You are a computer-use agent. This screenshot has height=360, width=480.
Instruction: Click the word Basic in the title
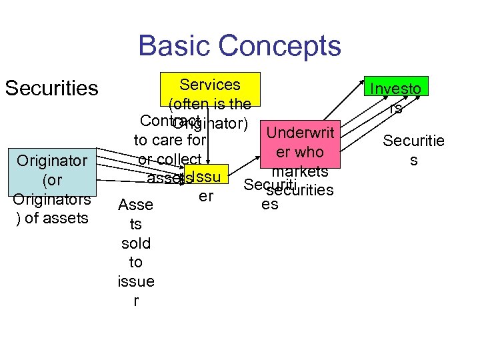pyautogui.click(x=174, y=47)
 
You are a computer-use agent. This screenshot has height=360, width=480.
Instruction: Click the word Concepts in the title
pyautogui.click(x=279, y=47)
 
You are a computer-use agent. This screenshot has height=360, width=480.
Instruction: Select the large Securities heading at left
pyautogui.click(x=51, y=88)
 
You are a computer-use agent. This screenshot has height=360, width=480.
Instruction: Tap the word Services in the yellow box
pyautogui.click(x=210, y=85)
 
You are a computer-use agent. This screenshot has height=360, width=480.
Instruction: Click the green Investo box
pyautogui.click(x=396, y=88)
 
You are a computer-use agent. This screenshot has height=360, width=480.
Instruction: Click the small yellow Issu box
pyautogui.click(x=207, y=175)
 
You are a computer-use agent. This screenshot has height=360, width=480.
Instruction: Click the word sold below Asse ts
pyautogui.click(x=135, y=243)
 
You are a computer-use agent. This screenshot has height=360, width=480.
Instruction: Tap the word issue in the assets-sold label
pyautogui.click(x=135, y=281)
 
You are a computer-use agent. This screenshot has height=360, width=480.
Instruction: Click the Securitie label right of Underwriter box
pyautogui.click(x=413, y=141)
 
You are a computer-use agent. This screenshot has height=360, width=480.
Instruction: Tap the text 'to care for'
pyautogui.click(x=170, y=141)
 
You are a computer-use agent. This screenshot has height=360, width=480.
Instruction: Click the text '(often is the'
pyautogui.click(x=210, y=104)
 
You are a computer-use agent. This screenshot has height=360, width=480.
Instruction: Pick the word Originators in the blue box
pyautogui.click(x=51, y=199)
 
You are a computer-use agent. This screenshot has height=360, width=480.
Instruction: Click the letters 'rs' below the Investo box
pyautogui.click(x=396, y=108)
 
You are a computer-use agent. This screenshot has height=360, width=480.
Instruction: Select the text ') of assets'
pyautogui.click(x=51, y=217)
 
